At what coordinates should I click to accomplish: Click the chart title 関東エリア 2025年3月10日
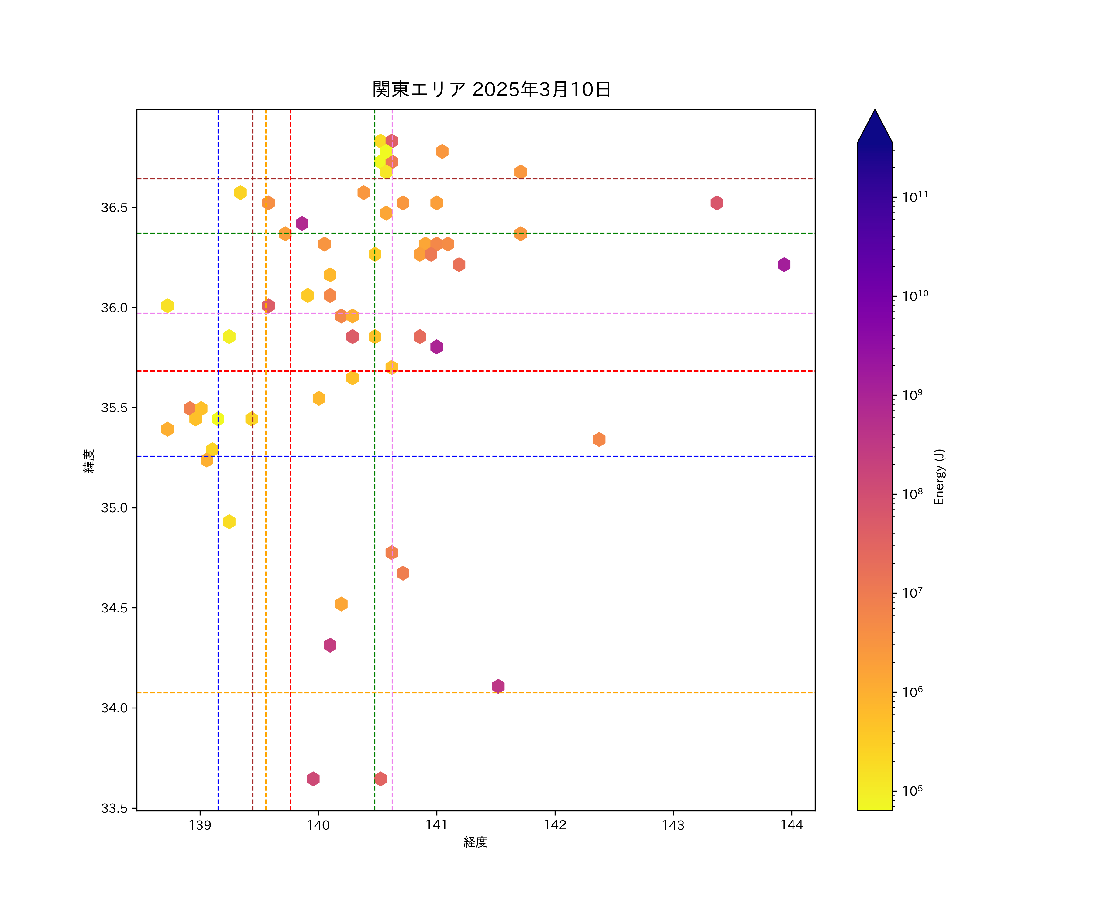[491, 90]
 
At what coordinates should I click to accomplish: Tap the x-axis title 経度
[475, 842]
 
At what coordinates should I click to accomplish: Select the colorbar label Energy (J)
[939, 476]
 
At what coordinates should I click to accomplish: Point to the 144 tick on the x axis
[791, 824]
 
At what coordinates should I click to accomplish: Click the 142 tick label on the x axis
[555, 824]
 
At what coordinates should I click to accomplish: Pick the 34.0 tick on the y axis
[114, 708]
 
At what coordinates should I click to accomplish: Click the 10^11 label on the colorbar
[915, 197]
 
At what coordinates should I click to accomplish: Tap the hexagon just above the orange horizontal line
[498, 686]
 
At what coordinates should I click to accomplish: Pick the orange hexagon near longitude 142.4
[599, 439]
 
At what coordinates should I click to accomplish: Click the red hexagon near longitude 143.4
[717, 203]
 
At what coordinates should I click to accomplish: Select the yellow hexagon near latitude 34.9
[229, 522]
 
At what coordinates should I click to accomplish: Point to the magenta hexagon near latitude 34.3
[330, 645]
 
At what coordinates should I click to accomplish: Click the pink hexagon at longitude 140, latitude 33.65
[313, 779]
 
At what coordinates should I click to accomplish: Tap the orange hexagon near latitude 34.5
[341, 604]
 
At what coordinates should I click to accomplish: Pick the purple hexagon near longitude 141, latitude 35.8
[437, 347]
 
